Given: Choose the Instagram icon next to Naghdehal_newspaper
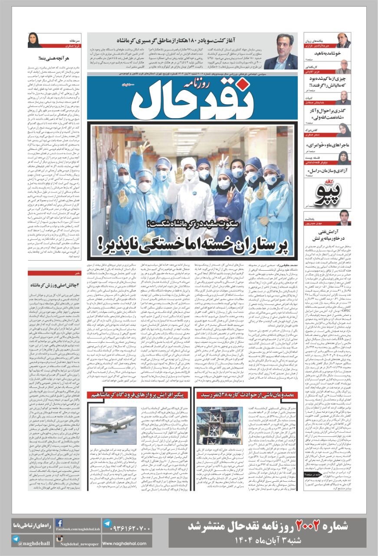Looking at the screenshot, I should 59,539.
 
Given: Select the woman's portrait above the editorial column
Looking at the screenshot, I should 35,40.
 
